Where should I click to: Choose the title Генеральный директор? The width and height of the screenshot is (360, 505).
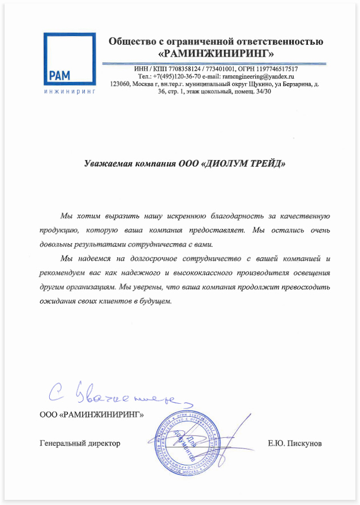[80, 443]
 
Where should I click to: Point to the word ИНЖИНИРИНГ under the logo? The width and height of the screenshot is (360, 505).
[69, 90]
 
